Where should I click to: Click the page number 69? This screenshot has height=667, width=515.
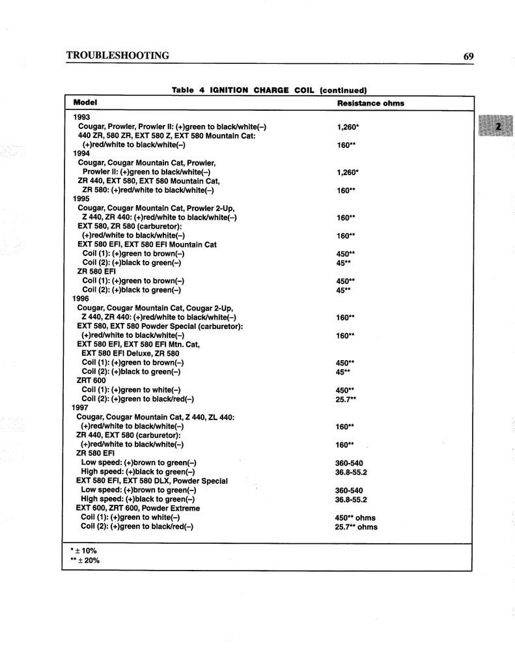(x=468, y=56)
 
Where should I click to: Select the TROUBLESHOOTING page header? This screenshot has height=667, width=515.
(x=118, y=56)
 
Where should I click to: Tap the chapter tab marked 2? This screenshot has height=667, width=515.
(x=497, y=126)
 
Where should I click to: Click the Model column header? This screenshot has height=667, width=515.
(x=85, y=102)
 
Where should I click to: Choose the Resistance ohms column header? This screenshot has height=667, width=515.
(x=370, y=103)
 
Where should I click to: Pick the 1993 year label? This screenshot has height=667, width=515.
(x=82, y=117)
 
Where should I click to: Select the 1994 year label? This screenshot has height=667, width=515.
(x=81, y=154)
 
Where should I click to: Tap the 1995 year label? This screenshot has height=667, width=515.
(x=81, y=199)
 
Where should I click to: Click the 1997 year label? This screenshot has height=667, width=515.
(x=80, y=408)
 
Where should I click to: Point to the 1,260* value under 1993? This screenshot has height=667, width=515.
(x=348, y=127)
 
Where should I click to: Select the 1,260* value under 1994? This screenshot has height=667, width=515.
(x=348, y=173)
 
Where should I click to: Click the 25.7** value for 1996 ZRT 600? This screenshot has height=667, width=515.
(x=346, y=399)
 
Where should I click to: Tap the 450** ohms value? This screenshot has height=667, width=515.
(x=355, y=518)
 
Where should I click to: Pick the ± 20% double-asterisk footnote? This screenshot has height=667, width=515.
(x=85, y=560)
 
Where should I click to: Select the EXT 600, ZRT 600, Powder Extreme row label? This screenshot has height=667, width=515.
(x=138, y=508)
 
